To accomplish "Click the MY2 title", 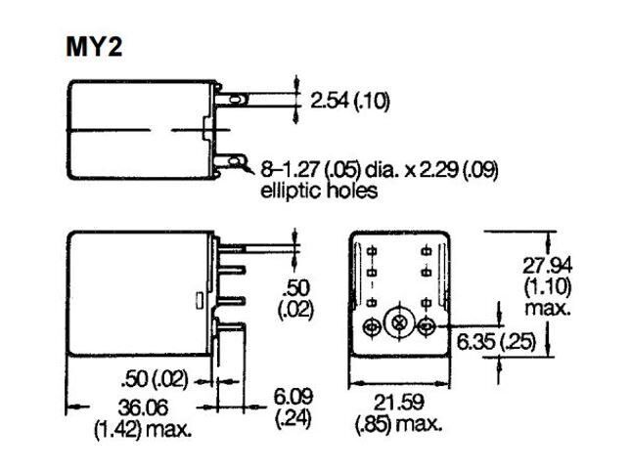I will click(94, 46).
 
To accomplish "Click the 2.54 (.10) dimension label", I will click(349, 102).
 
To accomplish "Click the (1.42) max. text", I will click(144, 427).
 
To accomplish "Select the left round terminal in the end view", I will click(373, 325).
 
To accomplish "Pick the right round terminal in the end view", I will click(427, 325).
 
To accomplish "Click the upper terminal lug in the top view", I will click(236, 98).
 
